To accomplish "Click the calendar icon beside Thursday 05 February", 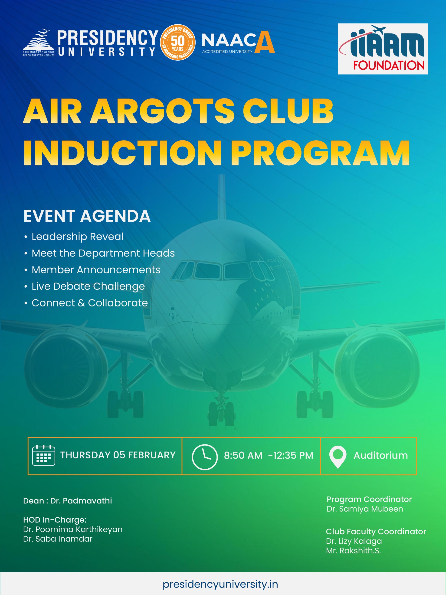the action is (x=44, y=455).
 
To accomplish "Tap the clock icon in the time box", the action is (x=205, y=457).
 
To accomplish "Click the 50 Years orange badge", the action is (x=177, y=42).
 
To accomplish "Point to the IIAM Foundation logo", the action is (x=383, y=49).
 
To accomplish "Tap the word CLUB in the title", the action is (x=288, y=111).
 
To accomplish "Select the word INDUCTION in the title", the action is (x=123, y=153).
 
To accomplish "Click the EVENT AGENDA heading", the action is (x=87, y=216).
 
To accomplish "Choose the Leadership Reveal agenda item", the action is (x=78, y=237).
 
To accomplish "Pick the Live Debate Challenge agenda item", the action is (x=88, y=286).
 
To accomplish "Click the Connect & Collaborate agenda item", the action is (x=90, y=303).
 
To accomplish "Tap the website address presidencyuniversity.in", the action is (x=220, y=584).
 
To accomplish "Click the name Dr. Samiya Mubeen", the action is (x=365, y=509).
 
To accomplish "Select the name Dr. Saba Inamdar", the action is (x=58, y=539).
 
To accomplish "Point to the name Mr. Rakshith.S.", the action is (x=353, y=551).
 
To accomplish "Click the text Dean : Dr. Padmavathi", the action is (x=68, y=501).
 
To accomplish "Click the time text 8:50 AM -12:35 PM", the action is (x=269, y=455).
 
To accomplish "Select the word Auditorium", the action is (x=381, y=455).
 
